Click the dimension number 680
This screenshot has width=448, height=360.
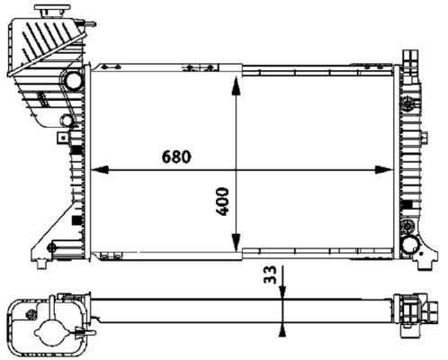point(176,156)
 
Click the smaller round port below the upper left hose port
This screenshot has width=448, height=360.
point(67,120)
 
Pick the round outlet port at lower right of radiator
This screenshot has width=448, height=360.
point(410,243)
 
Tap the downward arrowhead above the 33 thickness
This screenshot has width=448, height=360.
point(282,288)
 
